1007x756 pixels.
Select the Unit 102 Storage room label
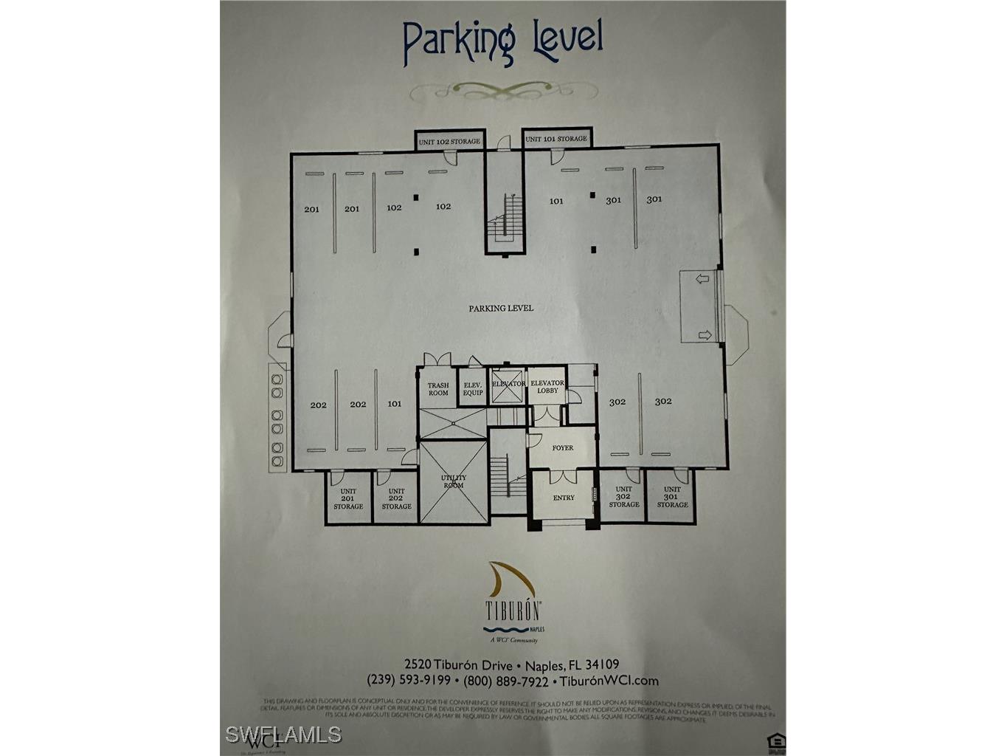click(x=449, y=141)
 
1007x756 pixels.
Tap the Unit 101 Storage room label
click(x=556, y=139)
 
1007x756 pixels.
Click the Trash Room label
click(x=438, y=389)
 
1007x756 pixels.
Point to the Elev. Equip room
click(x=473, y=389)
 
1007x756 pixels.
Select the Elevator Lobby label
click(x=547, y=387)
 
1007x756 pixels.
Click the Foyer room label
click(x=563, y=448)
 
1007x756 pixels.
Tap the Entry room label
click(x=564, y=498)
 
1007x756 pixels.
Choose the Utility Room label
click(x=454, y=482)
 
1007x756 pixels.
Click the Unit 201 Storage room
click(x=348, y=498)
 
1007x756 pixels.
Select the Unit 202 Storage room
click(x=396, y=498)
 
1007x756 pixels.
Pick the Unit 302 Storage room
click(x=624, y=497)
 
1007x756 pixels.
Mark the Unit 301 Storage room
click(x=672, y=497)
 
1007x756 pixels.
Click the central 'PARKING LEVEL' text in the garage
click(x=501, y=309)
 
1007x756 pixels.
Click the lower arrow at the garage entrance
click(x=705, y=335)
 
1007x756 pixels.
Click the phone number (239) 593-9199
click(x=408, y=681)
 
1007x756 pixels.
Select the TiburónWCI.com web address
click(x=609, y=681)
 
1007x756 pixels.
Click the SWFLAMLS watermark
click(x=283, y=734)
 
